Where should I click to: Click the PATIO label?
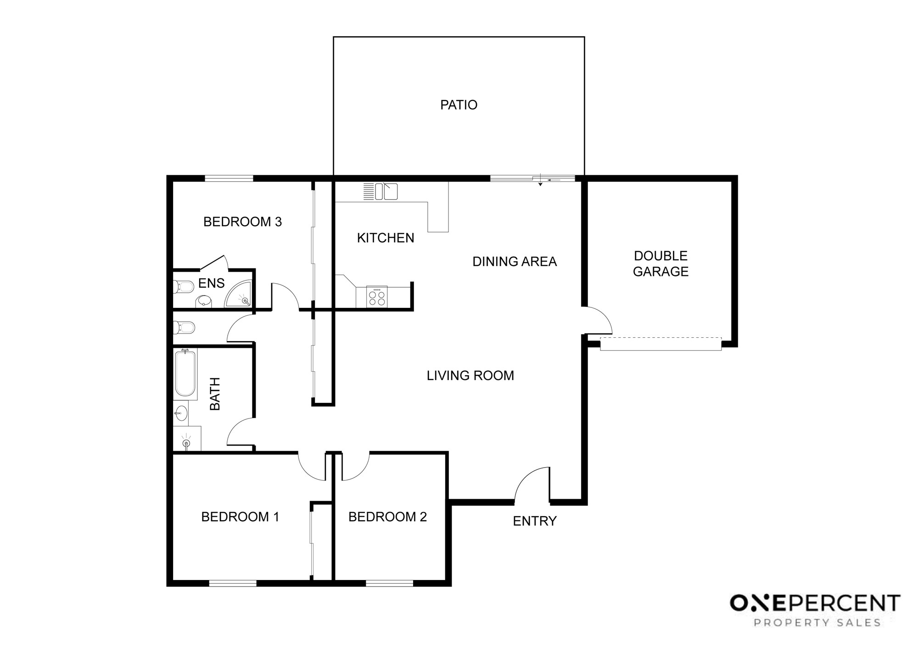[459, 105]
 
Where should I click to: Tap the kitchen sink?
[381, 191]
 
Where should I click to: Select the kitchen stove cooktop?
[377, 296]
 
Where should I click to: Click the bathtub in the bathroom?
[185, 373]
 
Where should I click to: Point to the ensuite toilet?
[184, 288]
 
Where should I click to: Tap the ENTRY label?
[535, 521]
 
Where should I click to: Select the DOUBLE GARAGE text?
[661, 263]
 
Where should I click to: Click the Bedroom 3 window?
[229, 178]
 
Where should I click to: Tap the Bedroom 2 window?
[390, 583]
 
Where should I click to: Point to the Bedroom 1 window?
[233, 583]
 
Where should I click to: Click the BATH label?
[215, 394]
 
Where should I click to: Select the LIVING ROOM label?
[470, 376]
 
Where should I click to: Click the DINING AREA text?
[515, 262]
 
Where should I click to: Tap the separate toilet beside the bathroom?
[184, 328]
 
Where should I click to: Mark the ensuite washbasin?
[204, 301]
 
